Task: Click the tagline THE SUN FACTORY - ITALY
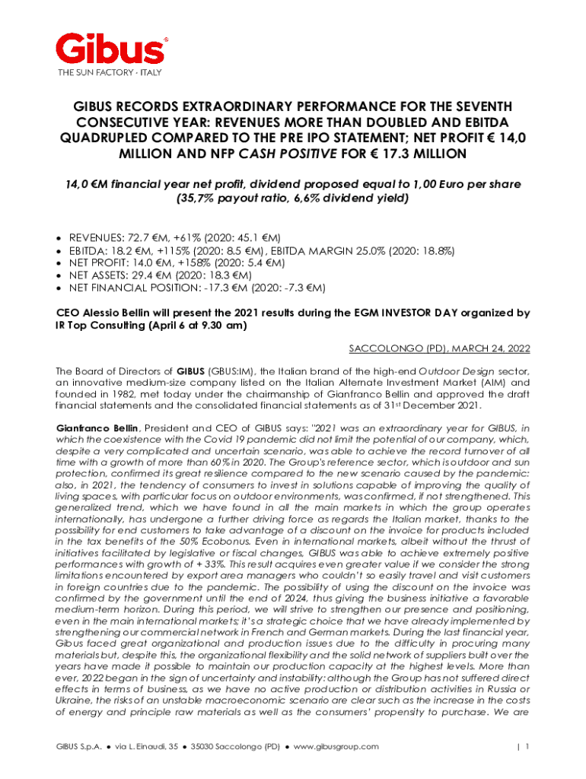(x=110, y=73)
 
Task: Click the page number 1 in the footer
(x=526, y=746)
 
